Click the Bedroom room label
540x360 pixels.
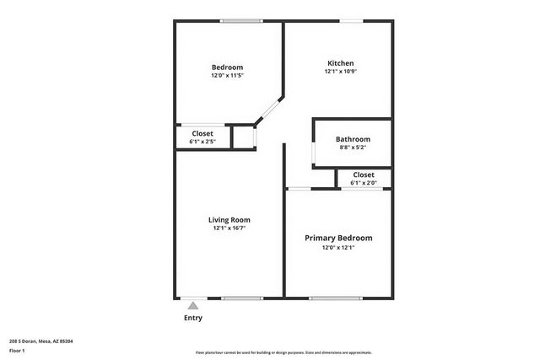(227, 67)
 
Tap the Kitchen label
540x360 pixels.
(340, 63)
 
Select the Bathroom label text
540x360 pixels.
(353, 139)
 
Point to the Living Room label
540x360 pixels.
(229, 219)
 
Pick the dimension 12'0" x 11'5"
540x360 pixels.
(227, 76)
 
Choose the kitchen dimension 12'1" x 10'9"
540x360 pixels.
(340, 72)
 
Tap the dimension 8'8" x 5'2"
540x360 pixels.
(353, 148)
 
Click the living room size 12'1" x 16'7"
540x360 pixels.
(229, 228)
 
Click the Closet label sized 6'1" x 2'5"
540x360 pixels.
(202, 133)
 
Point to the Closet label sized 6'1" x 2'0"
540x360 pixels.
(364, 175)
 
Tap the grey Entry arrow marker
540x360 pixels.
(193, 305)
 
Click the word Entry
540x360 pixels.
(193, 318)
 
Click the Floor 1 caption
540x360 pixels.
(18, 350)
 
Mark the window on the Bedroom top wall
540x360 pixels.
(240, 21)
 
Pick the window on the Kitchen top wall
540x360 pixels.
(352, 21)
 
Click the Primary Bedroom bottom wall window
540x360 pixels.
(336, 298)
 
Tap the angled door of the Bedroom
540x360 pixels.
(269, 110)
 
